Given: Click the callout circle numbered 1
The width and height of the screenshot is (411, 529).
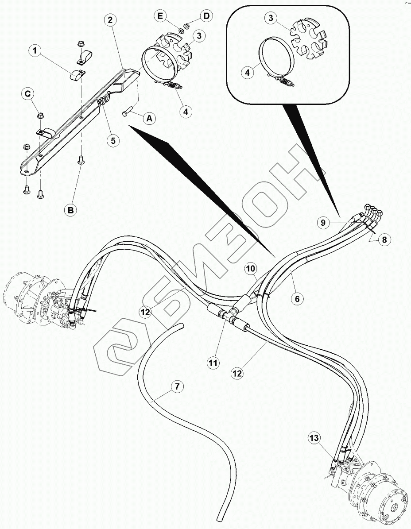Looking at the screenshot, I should tap(36, 51).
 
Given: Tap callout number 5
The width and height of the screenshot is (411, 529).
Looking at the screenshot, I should tap(112, 141).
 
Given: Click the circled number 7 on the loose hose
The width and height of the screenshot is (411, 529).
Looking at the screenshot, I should tap(177, 387).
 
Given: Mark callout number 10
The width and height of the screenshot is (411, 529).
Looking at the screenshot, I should tap(250, 269).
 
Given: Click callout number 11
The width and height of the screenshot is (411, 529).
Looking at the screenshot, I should tap(213, 363).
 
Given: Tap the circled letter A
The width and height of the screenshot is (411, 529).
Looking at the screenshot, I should tap(149, 118).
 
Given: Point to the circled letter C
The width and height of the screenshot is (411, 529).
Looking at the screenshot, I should tap(28, 93).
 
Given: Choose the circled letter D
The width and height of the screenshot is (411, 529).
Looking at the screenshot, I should tap(206, 16).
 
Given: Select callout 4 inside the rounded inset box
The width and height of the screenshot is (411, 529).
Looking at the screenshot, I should tap(247, 71).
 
